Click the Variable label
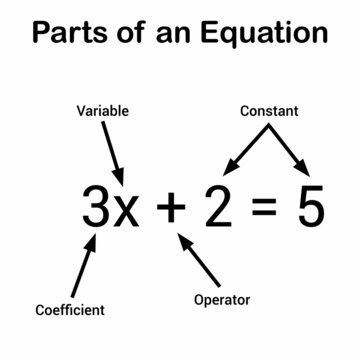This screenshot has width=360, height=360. click(102, 112)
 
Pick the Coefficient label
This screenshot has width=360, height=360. click(69, 310)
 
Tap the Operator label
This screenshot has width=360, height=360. click(222, 298)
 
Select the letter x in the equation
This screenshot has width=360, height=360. click(127, 212)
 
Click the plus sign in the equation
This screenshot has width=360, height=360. click(172, 209)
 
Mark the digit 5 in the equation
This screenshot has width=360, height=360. click(309, 208)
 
